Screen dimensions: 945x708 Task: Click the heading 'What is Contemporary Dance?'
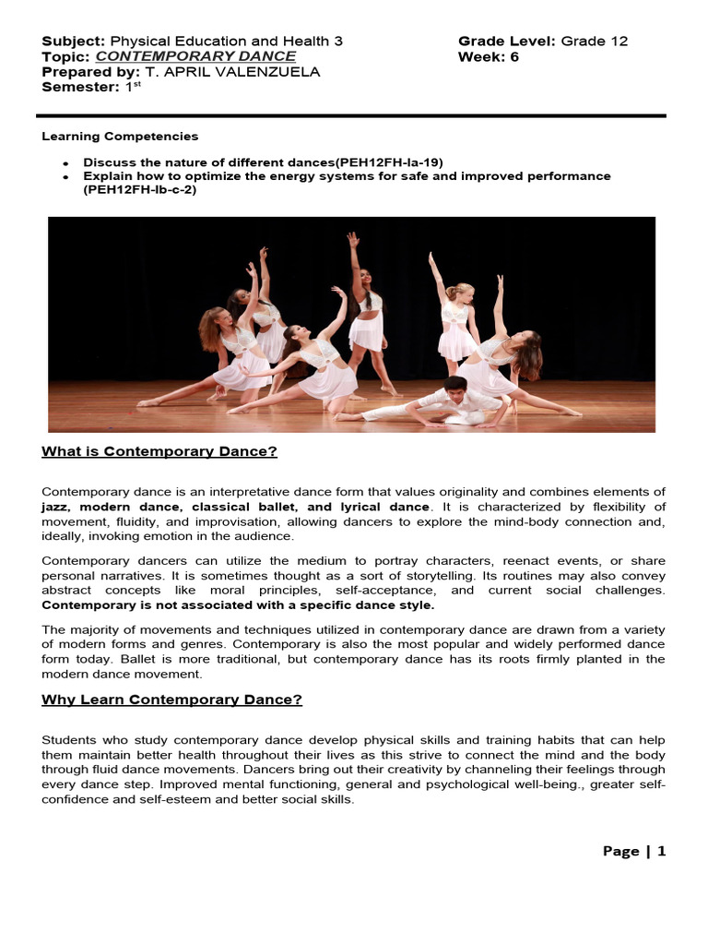click(x=159, y=451)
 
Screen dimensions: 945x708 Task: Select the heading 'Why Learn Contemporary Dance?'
click(x=171, y=700)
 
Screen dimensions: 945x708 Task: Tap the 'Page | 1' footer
click(x=633, y=851)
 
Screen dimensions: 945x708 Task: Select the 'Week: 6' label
click(x=489, y=56)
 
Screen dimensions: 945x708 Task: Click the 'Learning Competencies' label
click(x=120, y=136)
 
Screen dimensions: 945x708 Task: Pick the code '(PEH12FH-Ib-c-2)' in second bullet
click(x=140, y=190)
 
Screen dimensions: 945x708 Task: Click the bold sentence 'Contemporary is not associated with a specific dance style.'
click(x=238, y=605)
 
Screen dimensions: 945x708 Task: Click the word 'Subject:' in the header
click(x=74, y=41)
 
